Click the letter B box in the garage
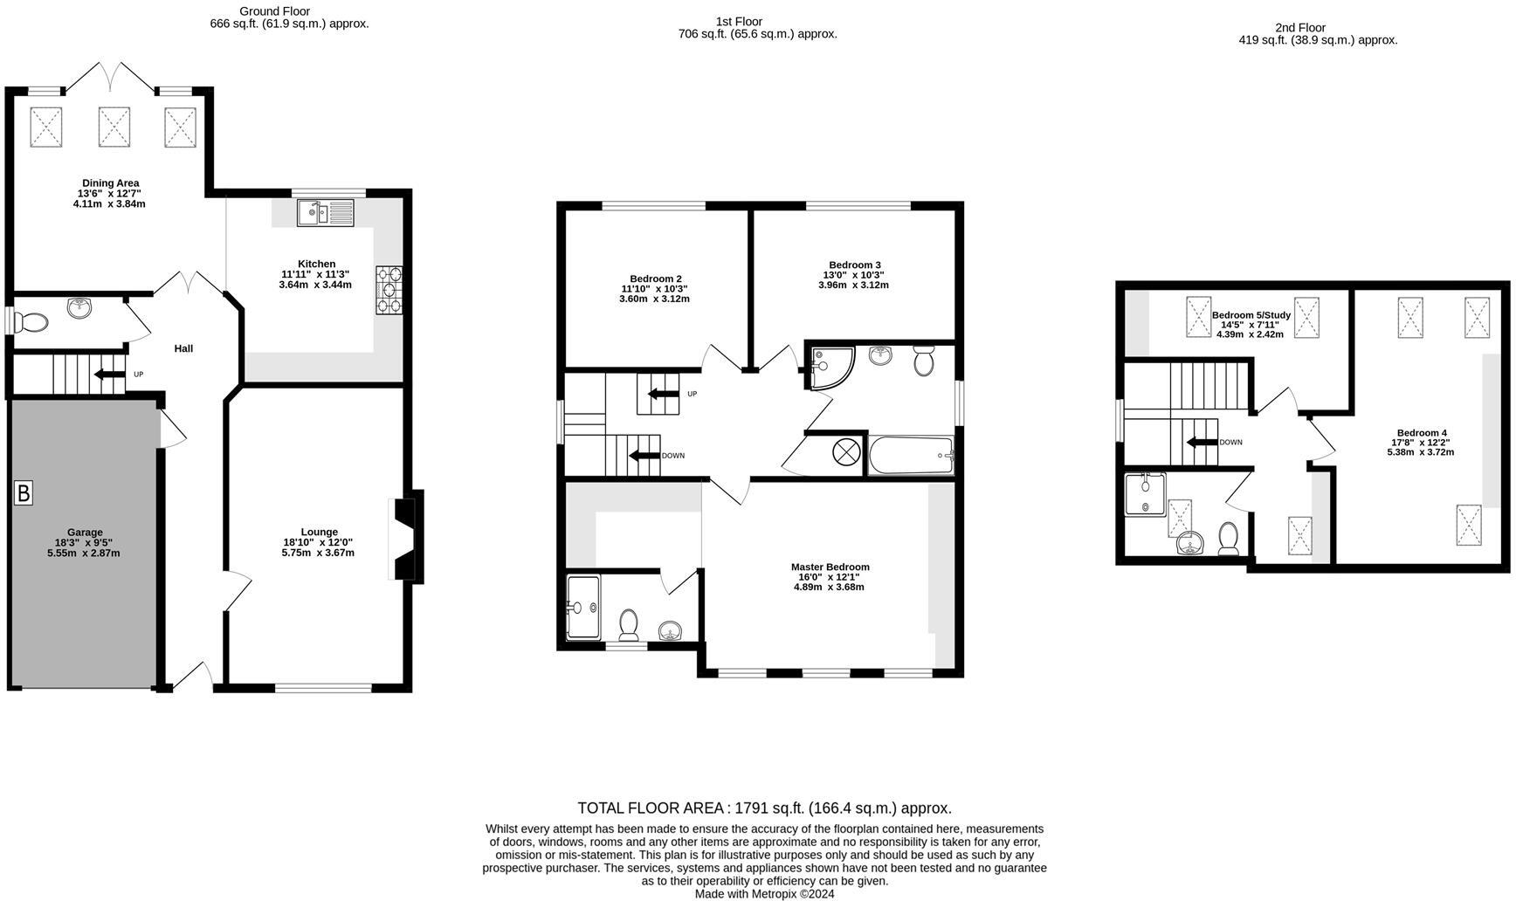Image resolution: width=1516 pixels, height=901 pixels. (24, 493)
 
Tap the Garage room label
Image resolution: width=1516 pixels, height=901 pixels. (85, 533)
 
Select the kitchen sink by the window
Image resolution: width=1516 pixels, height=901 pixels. (325, 213)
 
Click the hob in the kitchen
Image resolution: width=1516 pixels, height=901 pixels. (389, 289)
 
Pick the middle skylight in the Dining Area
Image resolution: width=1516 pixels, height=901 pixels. (114, 127)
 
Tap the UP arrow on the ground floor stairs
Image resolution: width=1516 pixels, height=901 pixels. (110, 375)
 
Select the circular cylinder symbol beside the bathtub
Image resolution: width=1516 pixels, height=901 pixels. (846, 452)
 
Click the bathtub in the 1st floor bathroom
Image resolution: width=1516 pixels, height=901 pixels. (911, 456)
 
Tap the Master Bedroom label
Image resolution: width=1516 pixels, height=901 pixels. (830, 567)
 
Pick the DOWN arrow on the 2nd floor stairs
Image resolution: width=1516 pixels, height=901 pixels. (1202, 443)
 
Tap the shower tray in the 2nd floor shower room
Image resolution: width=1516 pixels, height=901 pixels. (1145, 495)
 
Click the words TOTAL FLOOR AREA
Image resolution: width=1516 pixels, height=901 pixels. (651, 808)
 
